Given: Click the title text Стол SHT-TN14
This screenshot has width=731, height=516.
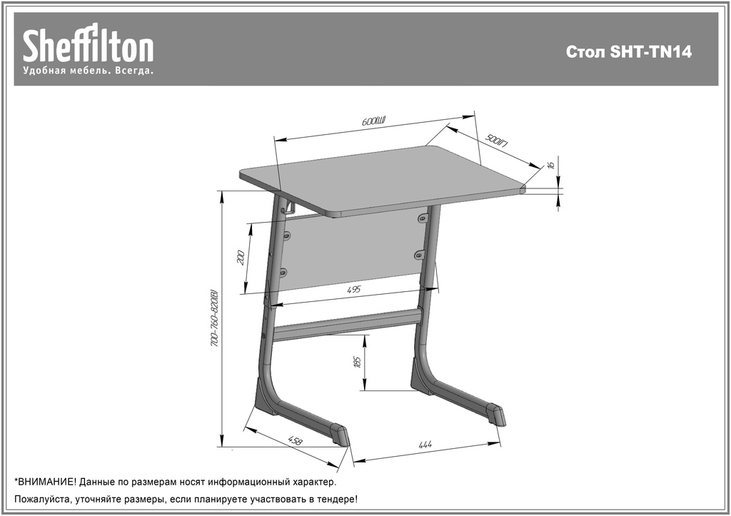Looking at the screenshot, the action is coord(628,51).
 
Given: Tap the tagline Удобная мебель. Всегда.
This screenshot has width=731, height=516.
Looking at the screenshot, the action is coord(88,71).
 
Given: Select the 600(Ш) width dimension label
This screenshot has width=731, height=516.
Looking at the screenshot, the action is coord(374,121).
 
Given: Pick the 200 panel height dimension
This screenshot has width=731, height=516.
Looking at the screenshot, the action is coord(241,258).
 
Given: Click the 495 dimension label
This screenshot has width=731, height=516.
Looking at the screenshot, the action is coord(354,290).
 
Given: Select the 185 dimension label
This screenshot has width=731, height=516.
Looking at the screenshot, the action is coord(358,362).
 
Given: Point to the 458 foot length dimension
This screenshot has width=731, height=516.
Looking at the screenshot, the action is coord(295,440).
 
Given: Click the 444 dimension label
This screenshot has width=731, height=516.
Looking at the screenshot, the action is coord(425,444).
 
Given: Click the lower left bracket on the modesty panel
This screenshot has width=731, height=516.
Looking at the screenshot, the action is coord(282,270).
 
